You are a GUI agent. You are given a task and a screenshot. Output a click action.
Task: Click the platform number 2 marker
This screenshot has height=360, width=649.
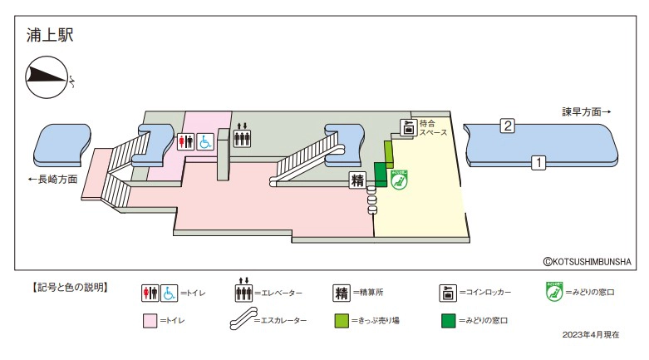(507, 126)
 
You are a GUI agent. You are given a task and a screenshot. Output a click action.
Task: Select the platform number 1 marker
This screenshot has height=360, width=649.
(538, 163)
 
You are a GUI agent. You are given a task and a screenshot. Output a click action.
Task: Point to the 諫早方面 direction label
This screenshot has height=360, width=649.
(587, 111)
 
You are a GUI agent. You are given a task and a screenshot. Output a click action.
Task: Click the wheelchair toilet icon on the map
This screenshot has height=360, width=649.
(205, 141)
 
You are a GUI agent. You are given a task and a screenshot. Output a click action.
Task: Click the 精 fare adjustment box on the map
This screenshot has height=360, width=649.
(358, 179)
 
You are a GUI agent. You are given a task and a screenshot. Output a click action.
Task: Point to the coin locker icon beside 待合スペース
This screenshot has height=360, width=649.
(408, 127)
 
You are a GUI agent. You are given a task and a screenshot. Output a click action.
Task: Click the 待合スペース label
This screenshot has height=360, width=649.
(434, 127)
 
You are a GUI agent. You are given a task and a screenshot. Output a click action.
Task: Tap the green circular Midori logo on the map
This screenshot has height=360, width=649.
(399, 179)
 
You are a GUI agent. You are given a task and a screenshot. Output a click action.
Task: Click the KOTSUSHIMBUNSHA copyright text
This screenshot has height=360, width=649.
(588, 260)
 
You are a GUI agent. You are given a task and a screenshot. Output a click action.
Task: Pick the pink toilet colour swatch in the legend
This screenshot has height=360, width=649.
(150, 320)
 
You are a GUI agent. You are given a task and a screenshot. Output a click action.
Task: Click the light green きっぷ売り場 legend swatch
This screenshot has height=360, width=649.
(342, 320)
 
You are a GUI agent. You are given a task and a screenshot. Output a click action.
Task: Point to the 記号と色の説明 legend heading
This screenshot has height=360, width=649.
(71, 288)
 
